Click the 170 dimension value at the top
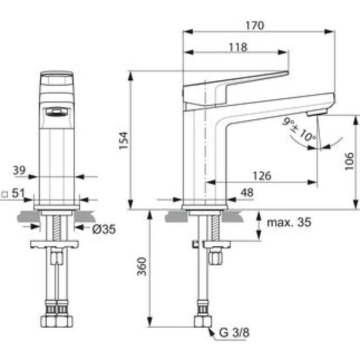click(255, 26)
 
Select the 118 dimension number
click(238, 47)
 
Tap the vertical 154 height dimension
click(123, 140)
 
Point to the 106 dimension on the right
click(349, 161)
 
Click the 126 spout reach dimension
click(262, 176)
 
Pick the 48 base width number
click(247, 192)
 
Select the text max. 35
click(289, 222)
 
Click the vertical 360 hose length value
click(141, 266)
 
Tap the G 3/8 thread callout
click(234, 332)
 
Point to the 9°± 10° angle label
click(299, 129)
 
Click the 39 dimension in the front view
click(19, 170)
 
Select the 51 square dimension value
click(18, 193)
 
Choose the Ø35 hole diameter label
click(104, 229)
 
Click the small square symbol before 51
click(4, 194)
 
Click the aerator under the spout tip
click(317, 113)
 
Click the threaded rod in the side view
click(215, 228)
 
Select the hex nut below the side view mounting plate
click(216, 256)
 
